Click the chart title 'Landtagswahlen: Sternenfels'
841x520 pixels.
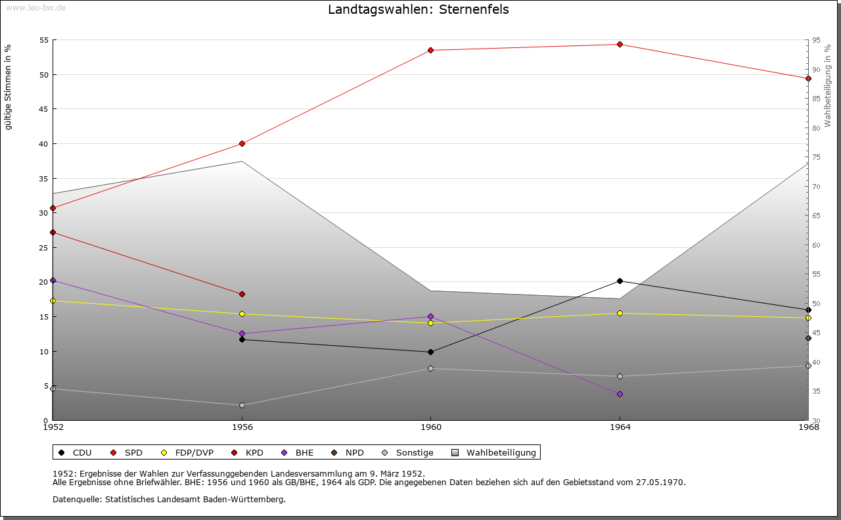pyautogui.click(x=418, y=10)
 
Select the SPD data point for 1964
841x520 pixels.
pyautogui.click(x=620, y=45)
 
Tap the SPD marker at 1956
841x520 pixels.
pyautogui.click(x=242, y=143)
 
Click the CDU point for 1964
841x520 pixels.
pyautogui.click(x=620, y=281)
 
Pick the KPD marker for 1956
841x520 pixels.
pyautogui.click(x=242, y=294)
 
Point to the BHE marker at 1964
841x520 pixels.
pyautogui.click(x=620, y=394)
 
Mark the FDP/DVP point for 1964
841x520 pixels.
pyautogui.click(x=620, y=313)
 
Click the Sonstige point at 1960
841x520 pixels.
pyautogui.click(x=431, y=368)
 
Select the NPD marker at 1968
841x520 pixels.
pyautogui.click(x=808, y=339)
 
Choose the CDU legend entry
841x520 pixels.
pyautogui.click(x=75, y=452)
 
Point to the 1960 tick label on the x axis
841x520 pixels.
pyautogui.click(x=431, y=427)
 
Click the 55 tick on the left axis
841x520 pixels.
pyautogui.click(x=45, y=40)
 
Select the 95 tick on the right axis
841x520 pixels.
pyautogui.click(x=816, y=40)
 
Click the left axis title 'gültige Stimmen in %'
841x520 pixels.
pyautogui.click(x=8, y=87)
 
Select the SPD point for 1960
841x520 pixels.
pyautogui.click(x=431, y=50)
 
